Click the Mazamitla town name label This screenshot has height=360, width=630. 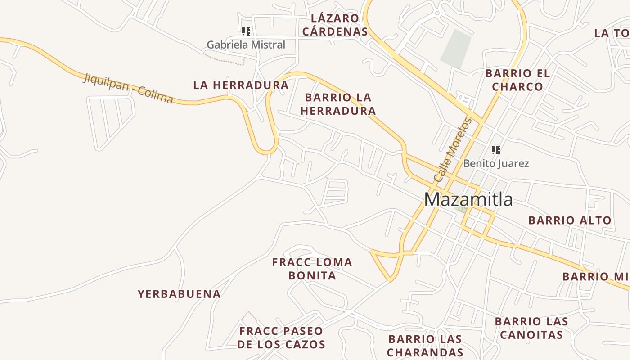[x=468, y=199]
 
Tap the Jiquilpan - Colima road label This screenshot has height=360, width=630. [x=128, y=89]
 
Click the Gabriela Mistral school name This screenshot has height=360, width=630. [x=246, y=45]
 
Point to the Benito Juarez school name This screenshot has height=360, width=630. [x=496, y=163]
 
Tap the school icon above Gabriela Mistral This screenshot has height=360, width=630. [x=246, y=31]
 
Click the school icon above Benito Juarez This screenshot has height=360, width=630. [x=495, y=150]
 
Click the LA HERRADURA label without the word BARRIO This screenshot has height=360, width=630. [x=241, y=85]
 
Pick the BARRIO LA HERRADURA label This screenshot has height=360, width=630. [x=338, y=104]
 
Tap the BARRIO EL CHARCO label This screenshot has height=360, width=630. [x=517, y=80]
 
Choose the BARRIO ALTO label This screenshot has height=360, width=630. [x=570, y=220]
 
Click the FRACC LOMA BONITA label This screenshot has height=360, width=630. [x=312, y=269]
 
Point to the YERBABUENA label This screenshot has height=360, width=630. [x=179, y=294]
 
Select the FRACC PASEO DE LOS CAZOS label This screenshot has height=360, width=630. [x=281, y=338]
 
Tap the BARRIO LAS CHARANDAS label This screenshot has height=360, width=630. [x=425, y=346]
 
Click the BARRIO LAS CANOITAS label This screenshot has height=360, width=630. [x=531, y=328]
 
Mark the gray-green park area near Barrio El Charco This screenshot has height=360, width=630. [x=456, y=49]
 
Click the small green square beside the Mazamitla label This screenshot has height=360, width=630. [x=460, y=209]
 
